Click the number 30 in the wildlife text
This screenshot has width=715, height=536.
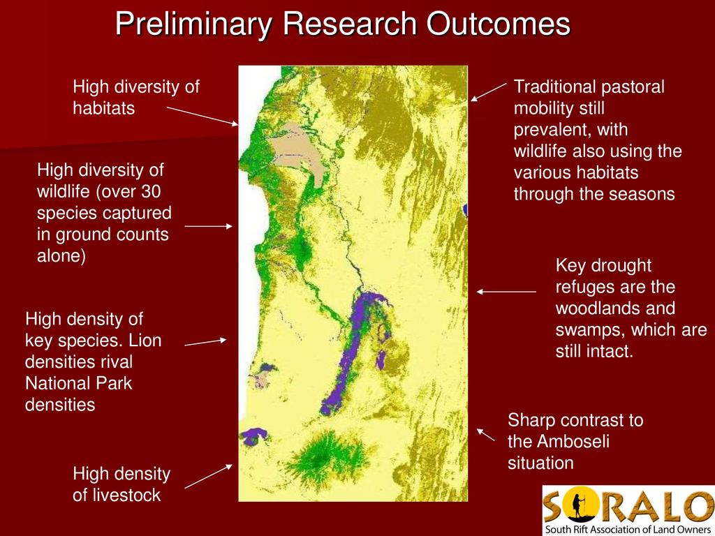coord(150,191)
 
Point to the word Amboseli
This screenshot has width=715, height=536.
coord(573,441)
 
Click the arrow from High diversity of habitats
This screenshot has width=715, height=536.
coord(202,116)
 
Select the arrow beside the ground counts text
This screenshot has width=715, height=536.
coord(208,226)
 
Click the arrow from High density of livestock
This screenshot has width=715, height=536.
coord(208,476)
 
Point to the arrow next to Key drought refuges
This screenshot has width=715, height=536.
coord(506,292)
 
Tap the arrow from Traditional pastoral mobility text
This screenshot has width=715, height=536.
coord(488,92)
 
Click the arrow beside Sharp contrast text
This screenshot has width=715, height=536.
coord(486,435)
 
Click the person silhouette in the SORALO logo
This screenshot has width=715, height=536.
coord(578,507)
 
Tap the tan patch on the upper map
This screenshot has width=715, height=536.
coord(299,154)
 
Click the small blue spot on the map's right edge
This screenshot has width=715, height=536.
coord(465,209)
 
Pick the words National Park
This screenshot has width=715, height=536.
coord(78,383)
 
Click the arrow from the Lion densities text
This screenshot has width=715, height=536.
coord(205,342)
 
